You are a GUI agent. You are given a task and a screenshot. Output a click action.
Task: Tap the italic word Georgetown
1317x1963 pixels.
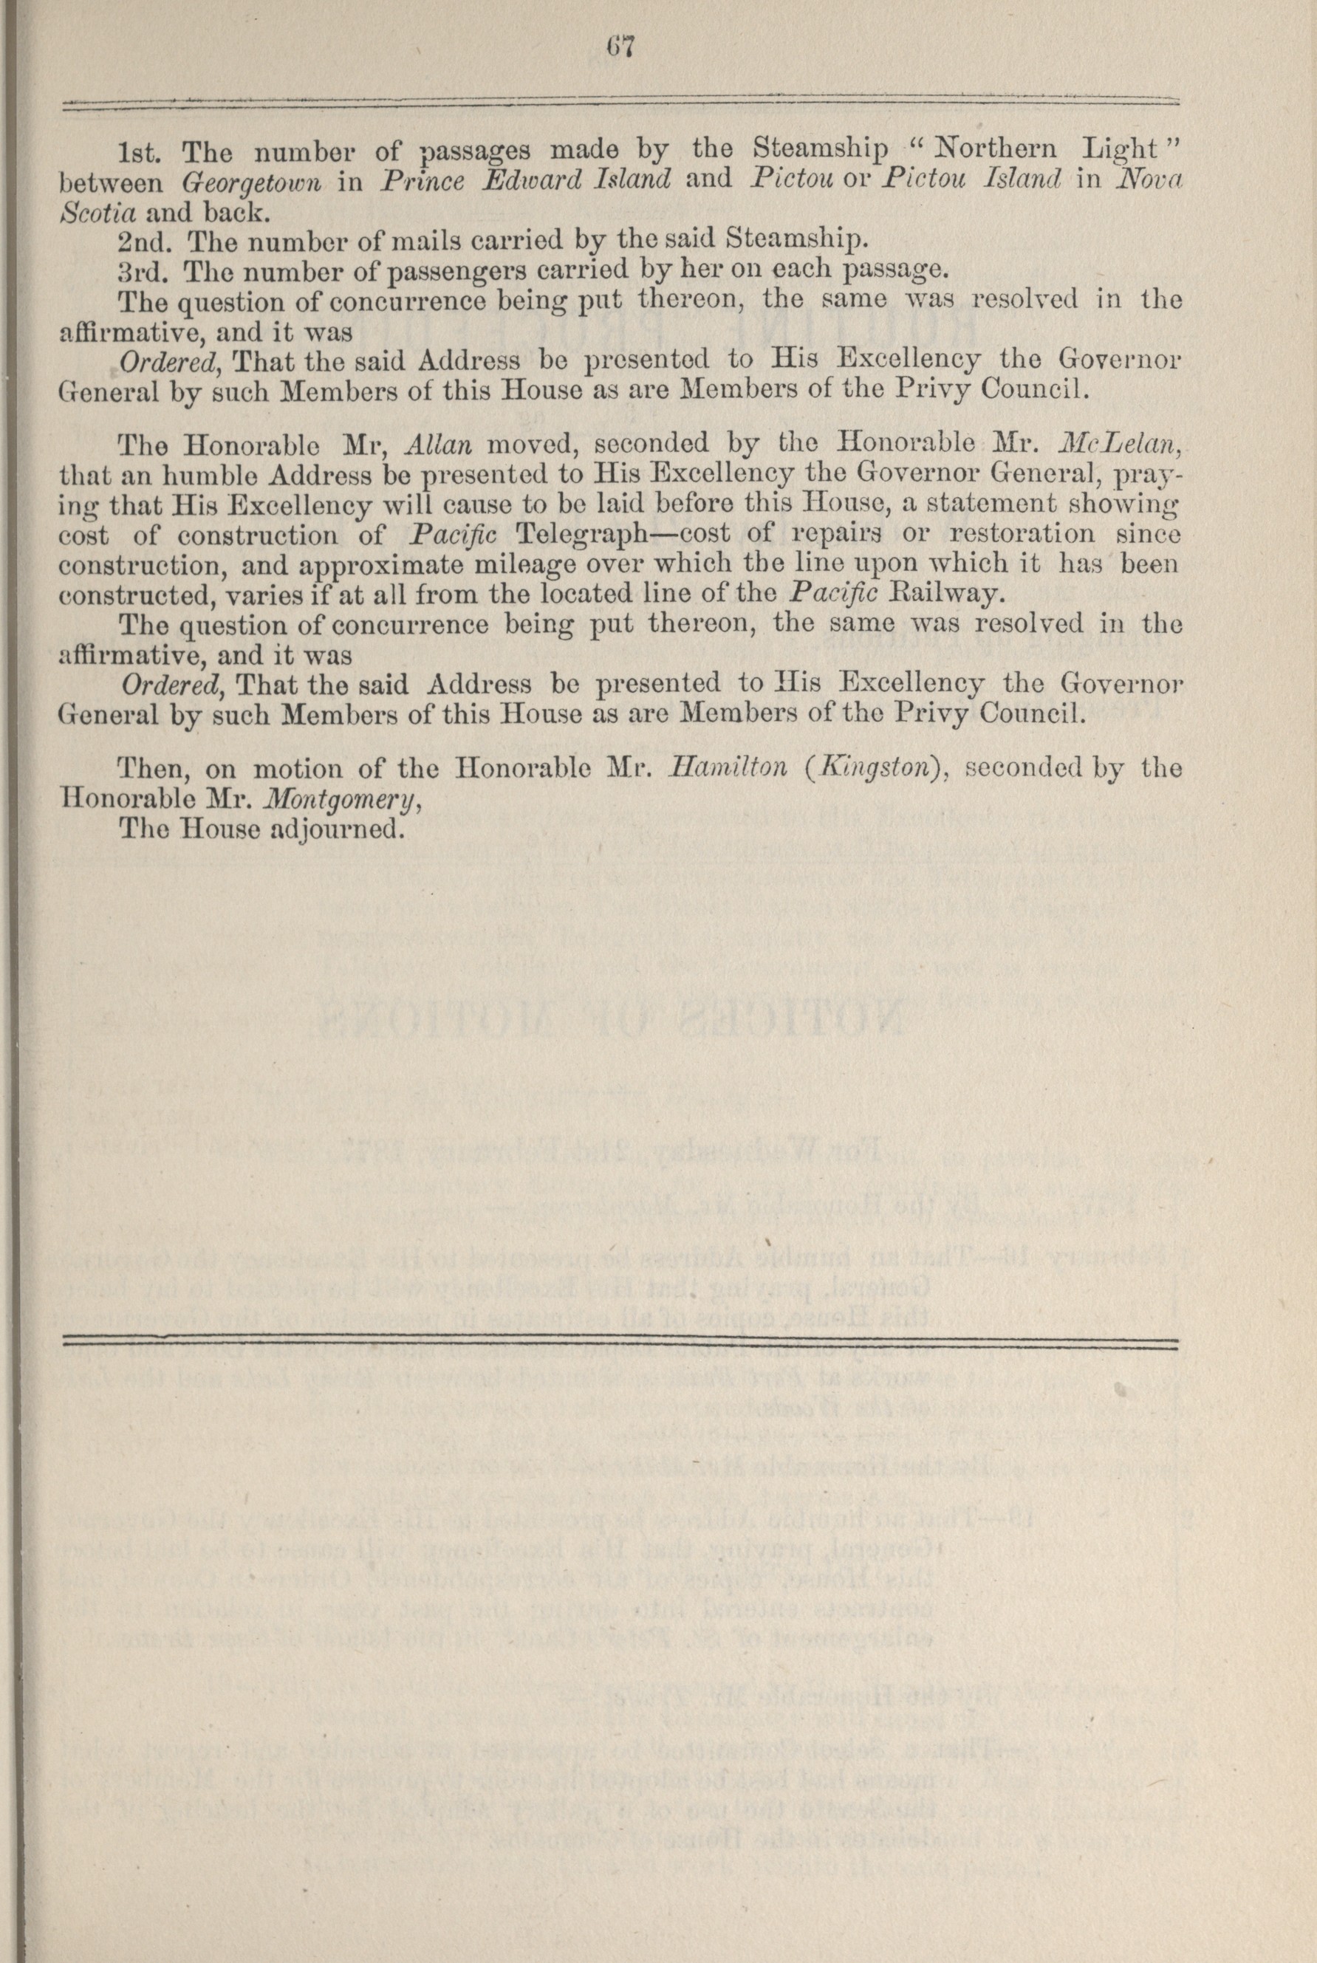(x=252, y=180)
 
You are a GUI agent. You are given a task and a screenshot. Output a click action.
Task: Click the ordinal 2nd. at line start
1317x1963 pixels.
(x=146, y=241)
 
